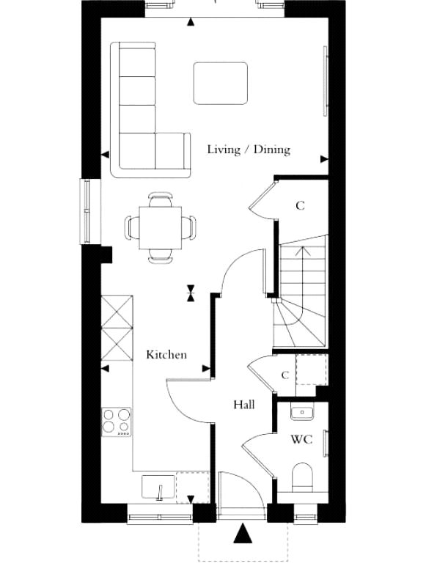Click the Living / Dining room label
(x=249, y=150)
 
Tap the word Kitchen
(x=166, y=355)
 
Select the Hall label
(x=244, y=405)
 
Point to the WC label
(x=301, y=439)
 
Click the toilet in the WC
(x=302, y=477)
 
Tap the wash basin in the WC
(x=302, y=413)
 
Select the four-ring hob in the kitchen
(x=117, y=422)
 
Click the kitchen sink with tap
(x=158, y=488)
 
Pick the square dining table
(x=161, y=227)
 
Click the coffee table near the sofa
(x=221, y=84)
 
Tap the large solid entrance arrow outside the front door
(x=243, y=533)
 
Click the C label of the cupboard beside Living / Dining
(x=300, y=205)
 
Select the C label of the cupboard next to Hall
(x=285, y=375)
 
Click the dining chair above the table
(x=161, y=199)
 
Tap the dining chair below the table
(x=161, y=256)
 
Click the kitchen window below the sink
(x=160, y=518)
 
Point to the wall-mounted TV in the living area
(x=326, y=81)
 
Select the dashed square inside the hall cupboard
(x=312, y=370)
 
